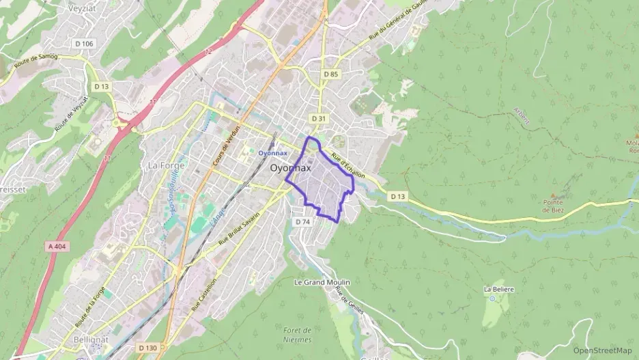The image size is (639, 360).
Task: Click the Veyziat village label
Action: click(x=85, y=9)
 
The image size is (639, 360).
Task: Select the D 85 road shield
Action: click(x=331, y=74)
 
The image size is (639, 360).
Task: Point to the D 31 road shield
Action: click(x=319, y=118)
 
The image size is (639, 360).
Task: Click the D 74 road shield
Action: click(x=303, y=222)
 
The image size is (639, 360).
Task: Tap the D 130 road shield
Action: click(x=147, y=348)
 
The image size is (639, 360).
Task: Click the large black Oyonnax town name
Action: click(x=290, y=167)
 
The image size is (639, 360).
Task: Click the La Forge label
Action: click(x=162, y=165)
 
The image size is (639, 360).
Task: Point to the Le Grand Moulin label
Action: click(x=322, y=281)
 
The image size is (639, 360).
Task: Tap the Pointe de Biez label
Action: click(x=553, y=206)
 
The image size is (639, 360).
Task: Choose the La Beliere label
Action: click(x=498, y=289)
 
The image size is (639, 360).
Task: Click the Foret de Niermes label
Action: click(x=297, y=335)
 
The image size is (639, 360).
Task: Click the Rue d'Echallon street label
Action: click(x=347, y=166)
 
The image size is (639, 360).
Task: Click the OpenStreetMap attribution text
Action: click(x=602, y=350)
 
